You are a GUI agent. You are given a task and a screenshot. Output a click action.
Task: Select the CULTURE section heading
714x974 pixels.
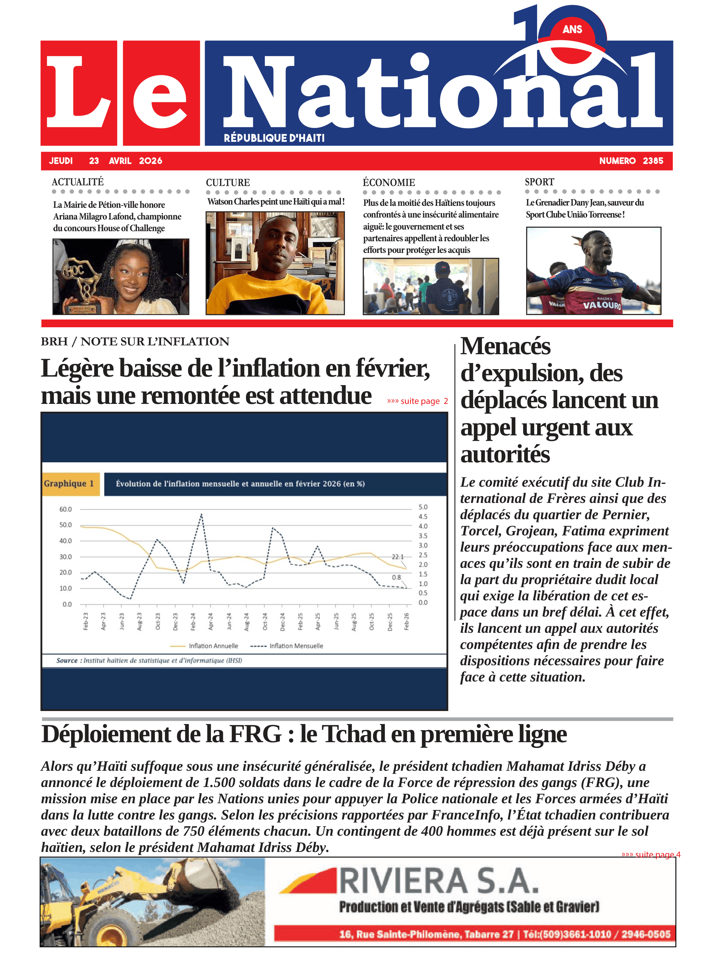click(228, 182)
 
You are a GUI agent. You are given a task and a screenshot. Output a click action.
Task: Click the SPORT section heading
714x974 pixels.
click(539, 182)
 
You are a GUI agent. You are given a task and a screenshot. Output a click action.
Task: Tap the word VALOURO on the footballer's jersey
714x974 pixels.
click(602, 305)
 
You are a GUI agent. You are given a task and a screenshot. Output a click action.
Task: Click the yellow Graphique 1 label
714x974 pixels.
click(69, 483)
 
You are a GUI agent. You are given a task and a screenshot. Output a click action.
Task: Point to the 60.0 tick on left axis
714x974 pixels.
click(66, 509)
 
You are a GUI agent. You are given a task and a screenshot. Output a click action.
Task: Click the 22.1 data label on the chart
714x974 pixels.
click(398, 557)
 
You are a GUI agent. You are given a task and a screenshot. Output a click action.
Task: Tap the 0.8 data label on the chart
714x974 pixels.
click(396, 577)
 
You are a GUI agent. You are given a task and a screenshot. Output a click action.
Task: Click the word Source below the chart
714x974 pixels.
click(67, 661)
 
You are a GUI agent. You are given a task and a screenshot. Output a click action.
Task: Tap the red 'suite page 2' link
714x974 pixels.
click(417, 401)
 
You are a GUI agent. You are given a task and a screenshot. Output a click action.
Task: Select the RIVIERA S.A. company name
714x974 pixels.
click(439, 882)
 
